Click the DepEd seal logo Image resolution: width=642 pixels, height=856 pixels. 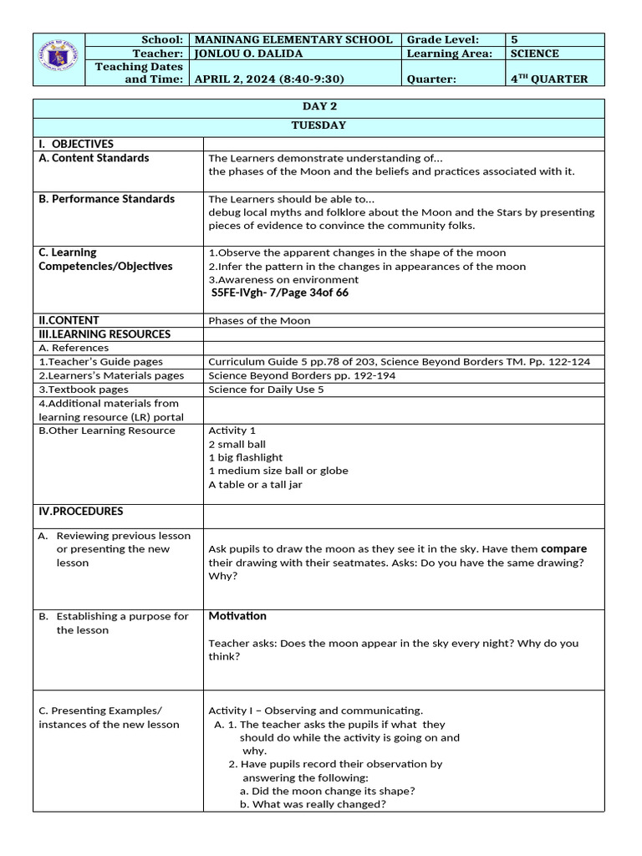(60, 59)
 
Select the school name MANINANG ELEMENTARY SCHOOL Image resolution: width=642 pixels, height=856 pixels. (293, 39)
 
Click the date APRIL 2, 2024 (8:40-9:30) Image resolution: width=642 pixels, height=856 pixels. (269, 79)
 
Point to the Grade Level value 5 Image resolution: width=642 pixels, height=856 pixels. (514, 39)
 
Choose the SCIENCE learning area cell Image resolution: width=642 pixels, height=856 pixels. (535, 53)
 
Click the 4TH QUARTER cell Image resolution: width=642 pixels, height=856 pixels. (549, 79)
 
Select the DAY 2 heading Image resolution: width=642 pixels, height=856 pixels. (318, 107)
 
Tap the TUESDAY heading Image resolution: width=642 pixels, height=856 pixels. (318, 125)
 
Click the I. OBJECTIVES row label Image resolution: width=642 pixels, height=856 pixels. (76, 144)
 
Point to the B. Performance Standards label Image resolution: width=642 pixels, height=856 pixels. (107, 199)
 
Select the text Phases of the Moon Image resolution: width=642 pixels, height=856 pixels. (259, 320)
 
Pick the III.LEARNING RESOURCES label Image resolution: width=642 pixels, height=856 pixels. (104, 334)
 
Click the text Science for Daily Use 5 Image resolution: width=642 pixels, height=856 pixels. (266, 390)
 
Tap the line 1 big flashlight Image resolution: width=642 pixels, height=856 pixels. (246, 457)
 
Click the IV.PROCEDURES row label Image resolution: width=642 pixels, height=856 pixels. (81, 511)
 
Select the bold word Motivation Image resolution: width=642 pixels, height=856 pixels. (237, 616)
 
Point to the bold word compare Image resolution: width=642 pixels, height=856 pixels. (563, 549)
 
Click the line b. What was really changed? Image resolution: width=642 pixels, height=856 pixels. (313, 804)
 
